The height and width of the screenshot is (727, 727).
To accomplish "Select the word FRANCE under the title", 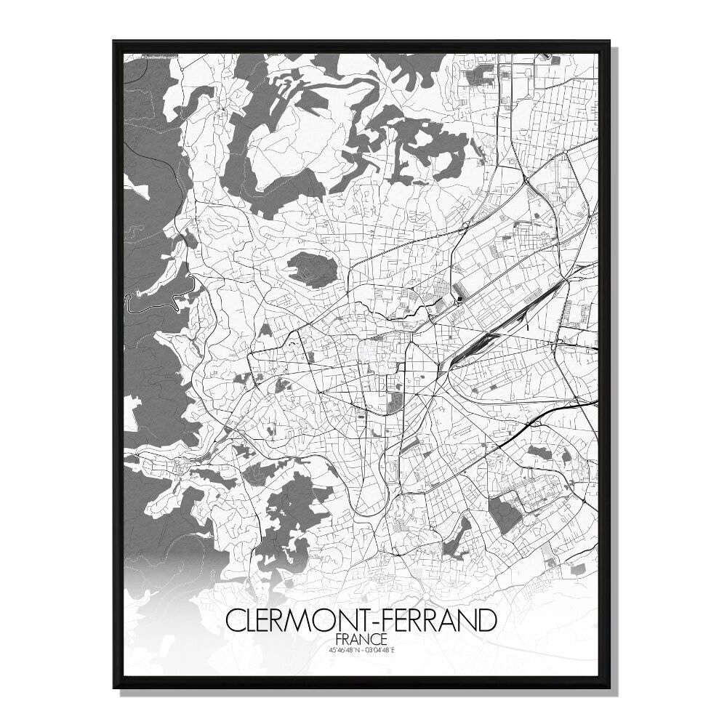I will point(361,639).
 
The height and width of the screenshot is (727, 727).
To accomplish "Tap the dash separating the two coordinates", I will point(362,649).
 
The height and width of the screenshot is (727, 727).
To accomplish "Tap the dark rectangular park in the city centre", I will point(395,399).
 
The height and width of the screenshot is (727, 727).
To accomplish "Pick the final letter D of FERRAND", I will point(489,622).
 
